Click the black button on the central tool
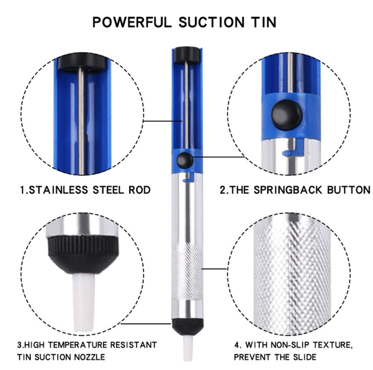pos(185,160)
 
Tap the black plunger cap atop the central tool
pos(186,52)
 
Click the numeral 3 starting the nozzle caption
pos(19,345)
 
